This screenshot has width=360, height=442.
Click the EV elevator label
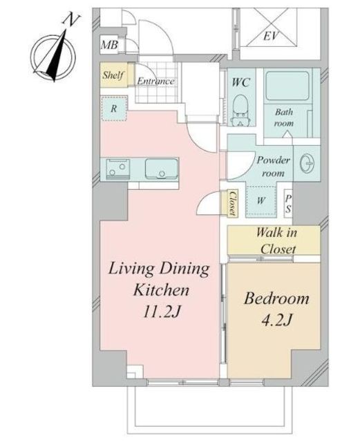click(x=271, y=36)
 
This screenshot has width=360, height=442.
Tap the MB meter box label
click(x=109, y=44)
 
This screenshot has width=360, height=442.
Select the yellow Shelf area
click(x=113, y=75)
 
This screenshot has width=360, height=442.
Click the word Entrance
click(x=155, y=81)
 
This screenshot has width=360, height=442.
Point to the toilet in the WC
click(x=240, y=110)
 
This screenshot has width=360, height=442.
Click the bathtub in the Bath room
click(x=287, y=86)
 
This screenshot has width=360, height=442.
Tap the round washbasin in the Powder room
click(x=307, y=163)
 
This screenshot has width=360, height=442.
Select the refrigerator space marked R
click(x=114, y=108)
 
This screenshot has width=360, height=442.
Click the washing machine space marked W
click(x=261, y=201)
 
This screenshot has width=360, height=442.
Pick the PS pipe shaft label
click(x=288, y=204)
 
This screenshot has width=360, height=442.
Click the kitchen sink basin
click(x=162, y=169)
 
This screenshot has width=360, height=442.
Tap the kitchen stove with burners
click(x=118, y=169)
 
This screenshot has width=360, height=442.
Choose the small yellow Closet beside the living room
click(x=233, y=203)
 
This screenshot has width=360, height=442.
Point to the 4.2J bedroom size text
click(x=277, y=320)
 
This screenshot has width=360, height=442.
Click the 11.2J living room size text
click(x=161, y=311)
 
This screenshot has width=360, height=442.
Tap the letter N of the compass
click(x=71, y=21)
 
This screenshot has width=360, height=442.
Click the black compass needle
click(x=57, y=57)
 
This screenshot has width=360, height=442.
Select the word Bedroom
click(x=276, y=299)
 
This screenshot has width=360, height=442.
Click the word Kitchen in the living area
click(x=161, y=290)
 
